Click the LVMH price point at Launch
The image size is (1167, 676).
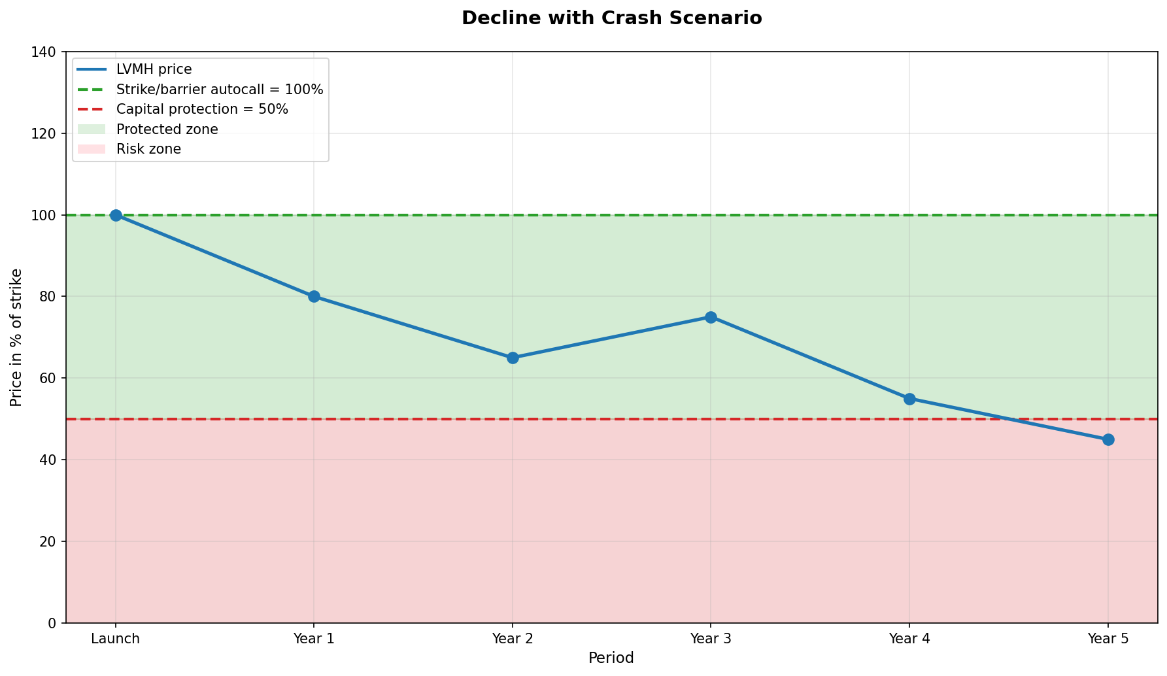pyautogui.click(x=116, y=215)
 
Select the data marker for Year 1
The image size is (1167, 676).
pyautogui.click(x=314, y=296)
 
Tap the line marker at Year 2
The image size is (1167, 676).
pyautogui.click(x=513, y=358)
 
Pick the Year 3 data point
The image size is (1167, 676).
pyautogui.click(x=711, y=317)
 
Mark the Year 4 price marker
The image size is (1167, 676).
pyautogui.click(x=909, y=399)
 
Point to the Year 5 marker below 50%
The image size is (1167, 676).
pyautogui.click(x=1108, y=439)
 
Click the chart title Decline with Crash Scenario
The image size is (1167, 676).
pyautogui.click(x=611, y=18)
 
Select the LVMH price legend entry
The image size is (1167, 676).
pyautogui.click(x=154, y=70)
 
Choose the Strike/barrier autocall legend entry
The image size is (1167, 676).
pyautogui.click(x=220, y=90)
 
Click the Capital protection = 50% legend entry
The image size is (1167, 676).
pyautogui.click(x=202, y=109)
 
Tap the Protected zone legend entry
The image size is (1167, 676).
pyautogui.click(x=167, y=129)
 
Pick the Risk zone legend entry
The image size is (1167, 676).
pyautogui.click(x=148, y=149)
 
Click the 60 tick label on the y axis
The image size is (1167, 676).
pyautogui.click(x=50, y=379)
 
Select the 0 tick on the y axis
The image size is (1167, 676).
pyautogui.click(x=54, y=623)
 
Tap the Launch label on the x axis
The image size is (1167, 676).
pyautogui.click(x=116, y=639)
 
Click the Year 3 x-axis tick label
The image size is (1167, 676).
pyautogui.click(x=711, y=639)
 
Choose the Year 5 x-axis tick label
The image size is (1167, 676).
pyautogui.click(x=1108, y=639)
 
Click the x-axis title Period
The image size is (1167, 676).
pyautogui.click(x=611, y=658)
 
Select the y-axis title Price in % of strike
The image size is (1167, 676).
pyautogui.click(x=16, y=337)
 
